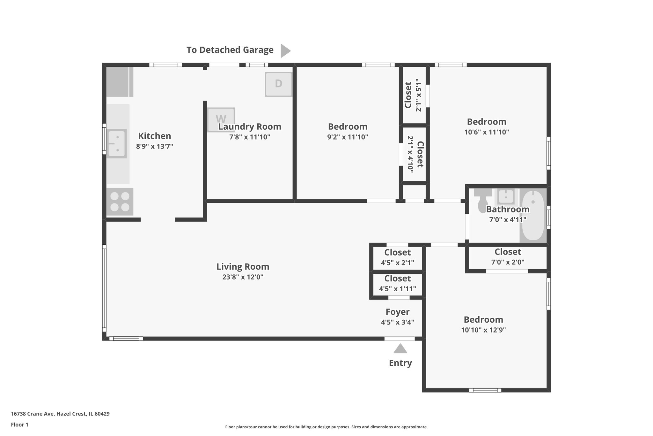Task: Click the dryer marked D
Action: click(278, 84)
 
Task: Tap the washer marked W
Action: click(221, 119)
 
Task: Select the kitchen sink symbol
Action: click(117, 143)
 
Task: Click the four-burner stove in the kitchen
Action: click(120, 202)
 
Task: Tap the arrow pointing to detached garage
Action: click(285, 50)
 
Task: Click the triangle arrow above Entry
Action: click(400, 348)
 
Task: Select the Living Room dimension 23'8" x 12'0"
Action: click(243, 277)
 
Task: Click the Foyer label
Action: click(397, 312)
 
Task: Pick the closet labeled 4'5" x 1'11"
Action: click(397, 284)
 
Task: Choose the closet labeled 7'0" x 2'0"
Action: click(508, 257)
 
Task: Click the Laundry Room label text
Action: click(250, 127)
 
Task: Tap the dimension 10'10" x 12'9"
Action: click(483, 330)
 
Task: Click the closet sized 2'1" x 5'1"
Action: click(414, 95)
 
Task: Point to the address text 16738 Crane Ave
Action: click(60, 414)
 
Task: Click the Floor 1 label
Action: click(19, 425)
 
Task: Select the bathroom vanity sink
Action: click(505, 196)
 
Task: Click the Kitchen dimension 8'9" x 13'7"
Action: click(154, 147)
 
